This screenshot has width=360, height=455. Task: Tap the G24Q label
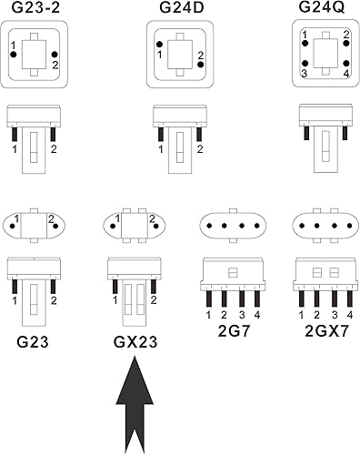click(x=323, y=8)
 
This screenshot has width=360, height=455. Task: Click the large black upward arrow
click(x=134, y=405)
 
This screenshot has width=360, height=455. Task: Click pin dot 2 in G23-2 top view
click(x=55, y=55)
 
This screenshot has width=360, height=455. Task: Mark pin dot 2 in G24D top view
click(x=200, y=65)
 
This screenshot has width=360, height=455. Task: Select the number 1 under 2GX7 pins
click(x=299, y=315)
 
